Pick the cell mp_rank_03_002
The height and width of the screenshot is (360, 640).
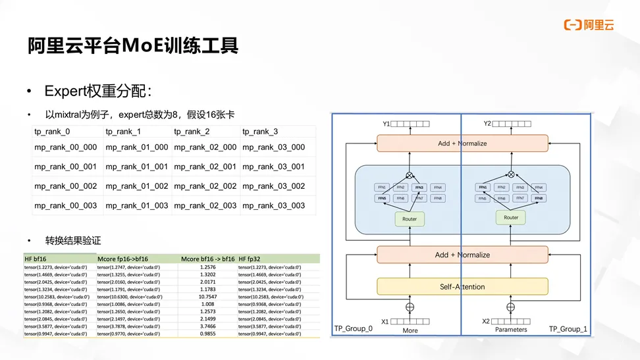point(273,186)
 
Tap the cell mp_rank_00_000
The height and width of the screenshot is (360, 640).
point(66,147)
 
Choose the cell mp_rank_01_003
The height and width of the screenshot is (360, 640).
point(137,205)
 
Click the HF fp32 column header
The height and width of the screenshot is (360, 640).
point(253,259)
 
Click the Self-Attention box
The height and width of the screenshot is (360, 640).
point(462,286)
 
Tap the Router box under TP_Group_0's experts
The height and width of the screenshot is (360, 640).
point(410,219)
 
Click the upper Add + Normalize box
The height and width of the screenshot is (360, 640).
point(462,143)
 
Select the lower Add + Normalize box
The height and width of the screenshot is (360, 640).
point(462,255)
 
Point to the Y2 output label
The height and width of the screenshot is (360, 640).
point(487,124)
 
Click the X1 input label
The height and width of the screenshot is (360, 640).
point(385,322)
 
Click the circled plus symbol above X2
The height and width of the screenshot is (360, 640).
point(510,307)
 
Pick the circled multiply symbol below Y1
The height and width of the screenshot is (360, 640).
point(410,174)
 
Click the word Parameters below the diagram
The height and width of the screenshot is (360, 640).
point(511,330)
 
